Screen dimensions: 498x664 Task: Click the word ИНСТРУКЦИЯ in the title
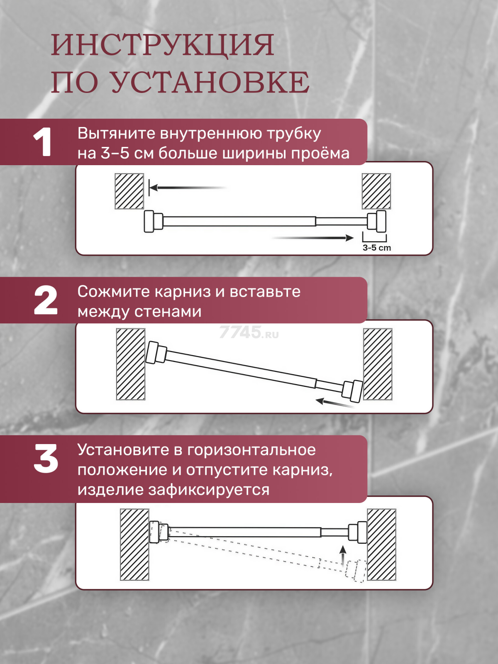pos(162,45)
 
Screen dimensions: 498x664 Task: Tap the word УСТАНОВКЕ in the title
pos(210,82)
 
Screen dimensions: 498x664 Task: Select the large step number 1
pos(43,142)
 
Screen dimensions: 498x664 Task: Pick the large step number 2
pos(46,300)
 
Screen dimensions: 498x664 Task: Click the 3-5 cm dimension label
pos(377,248)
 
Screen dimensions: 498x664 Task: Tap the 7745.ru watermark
pos(249,332)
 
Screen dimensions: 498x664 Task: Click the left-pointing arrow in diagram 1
pos(188,188)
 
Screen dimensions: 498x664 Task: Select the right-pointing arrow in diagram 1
pos(312,238)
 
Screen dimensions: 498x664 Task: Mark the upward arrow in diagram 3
pos(343,555)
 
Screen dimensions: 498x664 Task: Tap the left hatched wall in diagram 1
pos(129,191)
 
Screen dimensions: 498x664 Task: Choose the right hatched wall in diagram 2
pos(378,364)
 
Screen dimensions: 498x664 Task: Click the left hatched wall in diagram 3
pos(134,544)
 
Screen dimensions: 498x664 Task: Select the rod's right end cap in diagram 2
pos(353,391)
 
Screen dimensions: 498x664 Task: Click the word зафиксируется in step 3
pos(209,490)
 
